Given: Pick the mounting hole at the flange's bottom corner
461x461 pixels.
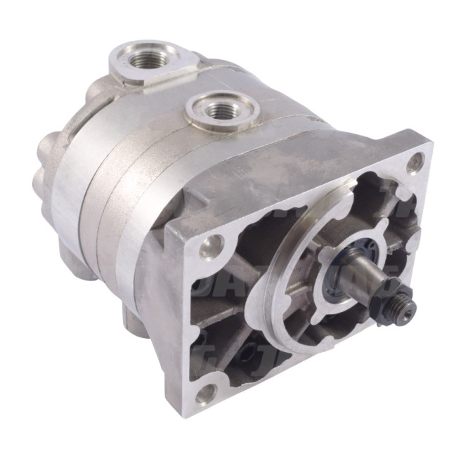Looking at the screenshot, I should click(205, 394).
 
